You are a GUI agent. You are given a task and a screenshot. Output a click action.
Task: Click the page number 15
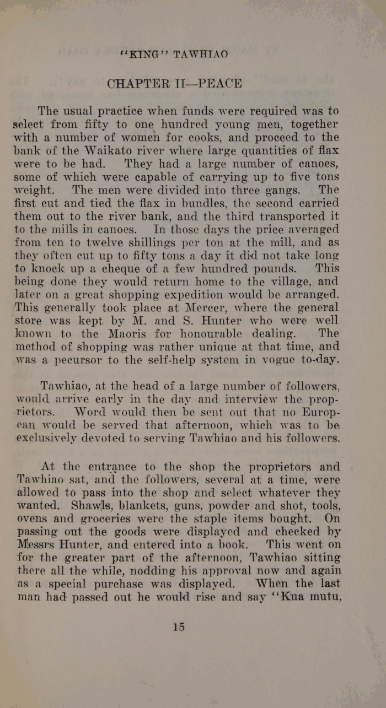tap(178, 626)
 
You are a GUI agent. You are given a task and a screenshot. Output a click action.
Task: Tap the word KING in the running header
tap(144, 55)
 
